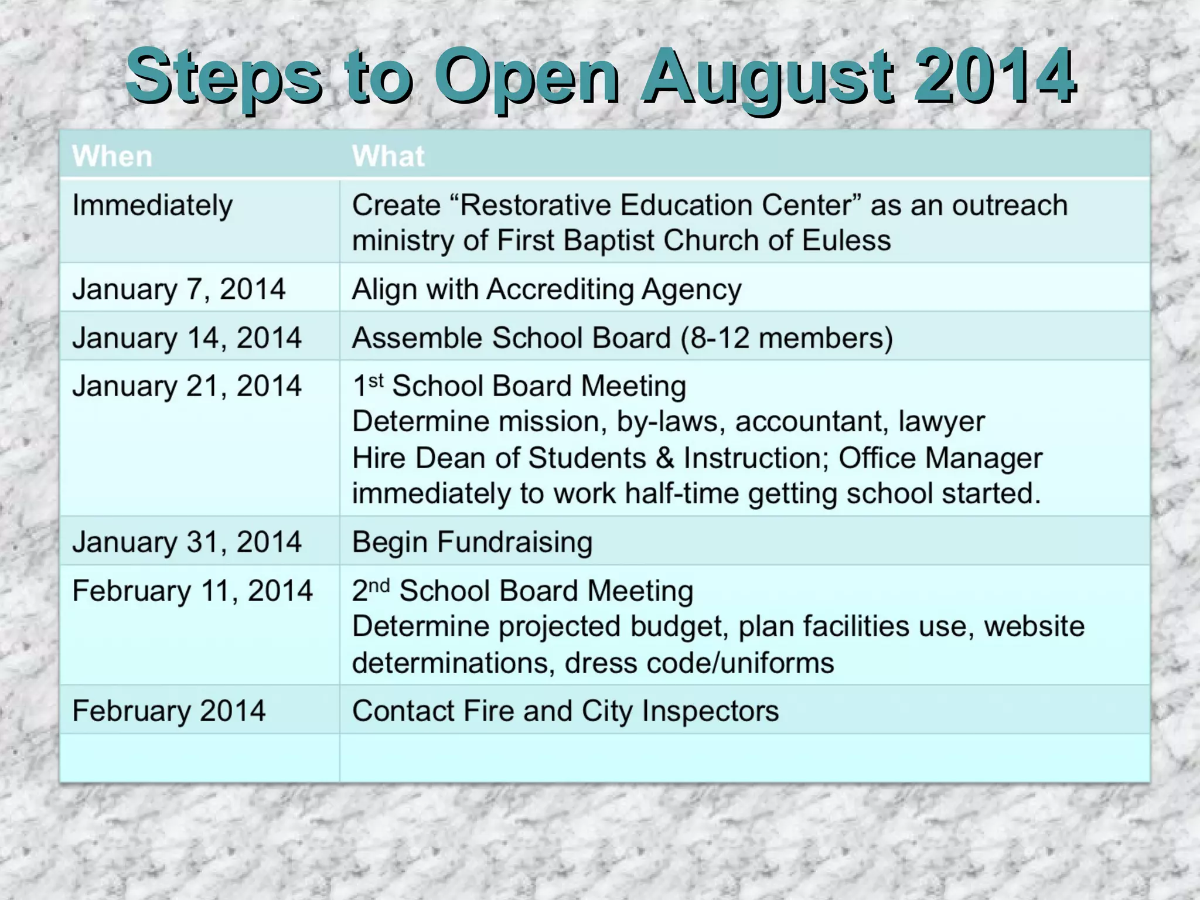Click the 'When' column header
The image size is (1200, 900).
pyautogui.click(x=112, y=156)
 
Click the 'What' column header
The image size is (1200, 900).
pyautogui.click(x=388, y=156)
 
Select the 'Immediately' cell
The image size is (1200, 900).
pyautogui.click(x=152, y=206)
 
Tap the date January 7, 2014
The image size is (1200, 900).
pyautogui.click(x=179, y=289)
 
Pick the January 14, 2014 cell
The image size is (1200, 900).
pyautogui.click(x=186, y=338)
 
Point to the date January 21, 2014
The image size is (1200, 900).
pyautogui.click(x=186, y=387)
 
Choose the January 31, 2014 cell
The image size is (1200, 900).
pyautogui.click(x=186, y=542)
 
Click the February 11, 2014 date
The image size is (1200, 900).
pyautogui.click(x=192, y=591)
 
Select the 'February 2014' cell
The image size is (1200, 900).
pyautogui.click(x=169, y=711)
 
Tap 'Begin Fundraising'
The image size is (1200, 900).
pyautogui.click(x=472, y=542)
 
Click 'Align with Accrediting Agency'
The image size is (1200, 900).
pyautogui.click(x=546, y=289)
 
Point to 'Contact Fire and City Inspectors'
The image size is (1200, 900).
pyautogui.click(x=565, y=711)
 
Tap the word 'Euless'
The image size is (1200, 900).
pyautogui.click(x=846, y=241)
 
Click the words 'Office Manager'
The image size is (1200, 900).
pyautogui.click(x=940, y=458)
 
